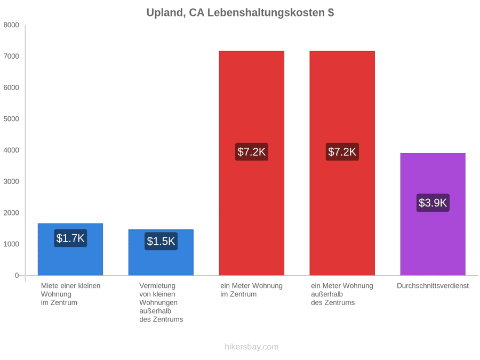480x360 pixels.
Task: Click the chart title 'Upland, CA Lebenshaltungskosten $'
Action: tap(240, 13)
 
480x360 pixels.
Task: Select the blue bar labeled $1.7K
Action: tap(70, 249)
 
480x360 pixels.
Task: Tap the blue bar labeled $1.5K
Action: tap(161, 252)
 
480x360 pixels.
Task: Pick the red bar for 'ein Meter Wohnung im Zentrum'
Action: tap(252, 163)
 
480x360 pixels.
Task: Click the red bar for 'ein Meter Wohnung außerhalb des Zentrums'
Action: tap(342, 163)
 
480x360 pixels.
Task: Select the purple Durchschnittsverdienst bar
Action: tap(433, 214)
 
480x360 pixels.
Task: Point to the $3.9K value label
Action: tap(433, 203)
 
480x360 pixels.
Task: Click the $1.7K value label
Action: tap(70, 238)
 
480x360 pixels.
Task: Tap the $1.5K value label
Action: tap(161, 241)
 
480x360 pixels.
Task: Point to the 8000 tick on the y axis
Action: tap(11, 25)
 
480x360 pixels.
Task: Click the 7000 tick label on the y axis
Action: tap(11, 57)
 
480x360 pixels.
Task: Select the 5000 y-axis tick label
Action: tap(11, 119)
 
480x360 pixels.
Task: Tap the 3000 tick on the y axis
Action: tap(11, 181)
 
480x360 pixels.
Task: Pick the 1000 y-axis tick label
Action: tap(11, 244)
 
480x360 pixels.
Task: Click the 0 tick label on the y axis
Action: tap(17, 275)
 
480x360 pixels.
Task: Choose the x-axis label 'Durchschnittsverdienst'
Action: tap(433, 286)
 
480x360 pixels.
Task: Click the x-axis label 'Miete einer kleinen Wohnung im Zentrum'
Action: tap(71, 294)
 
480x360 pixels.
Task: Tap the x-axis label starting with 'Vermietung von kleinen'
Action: tap(161, 302)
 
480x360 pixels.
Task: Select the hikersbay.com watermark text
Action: tap(252, 347)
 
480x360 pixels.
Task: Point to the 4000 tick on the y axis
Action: tap(11, 150)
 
